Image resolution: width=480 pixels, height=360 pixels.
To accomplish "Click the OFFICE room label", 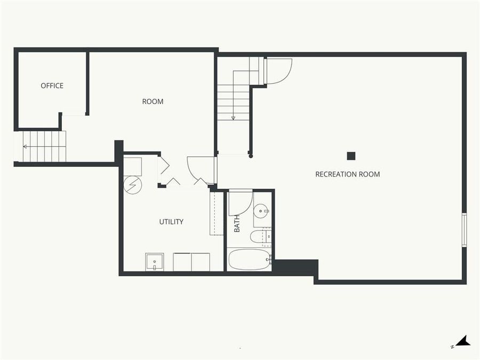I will (x=52, y=85).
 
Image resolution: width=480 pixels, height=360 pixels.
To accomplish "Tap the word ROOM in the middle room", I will (x=153, y=101).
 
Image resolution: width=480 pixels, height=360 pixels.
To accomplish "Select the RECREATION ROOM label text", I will (x=347, y=174).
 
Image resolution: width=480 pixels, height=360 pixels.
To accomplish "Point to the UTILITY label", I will (x=171, y=221).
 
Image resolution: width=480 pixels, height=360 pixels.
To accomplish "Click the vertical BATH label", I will (x=237, y=223).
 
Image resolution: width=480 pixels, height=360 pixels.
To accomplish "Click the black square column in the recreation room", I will (x=351, y=156).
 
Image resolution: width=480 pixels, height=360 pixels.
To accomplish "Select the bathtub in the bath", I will (x=250, y=260).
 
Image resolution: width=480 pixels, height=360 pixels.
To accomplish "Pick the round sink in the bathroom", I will (x=261, y=211).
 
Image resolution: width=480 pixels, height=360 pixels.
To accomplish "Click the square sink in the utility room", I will (x=155, y=262).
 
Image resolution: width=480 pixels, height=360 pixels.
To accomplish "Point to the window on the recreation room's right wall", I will (x=464, y=229).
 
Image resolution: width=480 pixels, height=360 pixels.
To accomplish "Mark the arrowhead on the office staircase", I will (x=25, y=146).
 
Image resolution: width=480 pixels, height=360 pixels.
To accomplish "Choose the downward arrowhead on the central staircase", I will (x=234, y=118).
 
